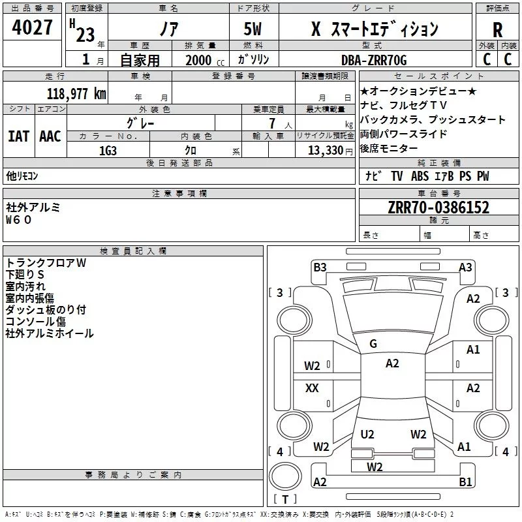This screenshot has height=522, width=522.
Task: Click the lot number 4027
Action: click(x=32, y=28)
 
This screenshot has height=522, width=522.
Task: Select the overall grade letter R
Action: click(x=497, y=29)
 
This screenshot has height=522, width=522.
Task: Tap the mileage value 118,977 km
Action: click(x=76, y=94)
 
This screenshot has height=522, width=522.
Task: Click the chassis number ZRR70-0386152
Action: click(x=438, y=207)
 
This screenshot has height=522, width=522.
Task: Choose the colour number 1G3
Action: click(x=108, y=150)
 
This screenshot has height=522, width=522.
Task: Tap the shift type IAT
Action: click(x=18, y=136)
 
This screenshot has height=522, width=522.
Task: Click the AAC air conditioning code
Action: click(x=50, y=136)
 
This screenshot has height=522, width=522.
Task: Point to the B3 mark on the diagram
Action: click(x=320, y=267)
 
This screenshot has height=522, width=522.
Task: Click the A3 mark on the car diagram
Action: click(x=465, y=267)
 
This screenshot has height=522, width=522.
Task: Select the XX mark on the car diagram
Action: click(x=313, y=388)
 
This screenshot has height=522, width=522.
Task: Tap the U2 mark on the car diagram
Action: click(x=367, y=434)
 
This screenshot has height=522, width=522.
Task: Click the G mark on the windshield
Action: click(x=373, y=344)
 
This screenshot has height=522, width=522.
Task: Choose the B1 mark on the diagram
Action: click(x=465, y=482)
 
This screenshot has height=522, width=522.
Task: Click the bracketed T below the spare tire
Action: click(x=284, y=500)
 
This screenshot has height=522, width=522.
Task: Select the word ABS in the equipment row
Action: click(x=420, y=176)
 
